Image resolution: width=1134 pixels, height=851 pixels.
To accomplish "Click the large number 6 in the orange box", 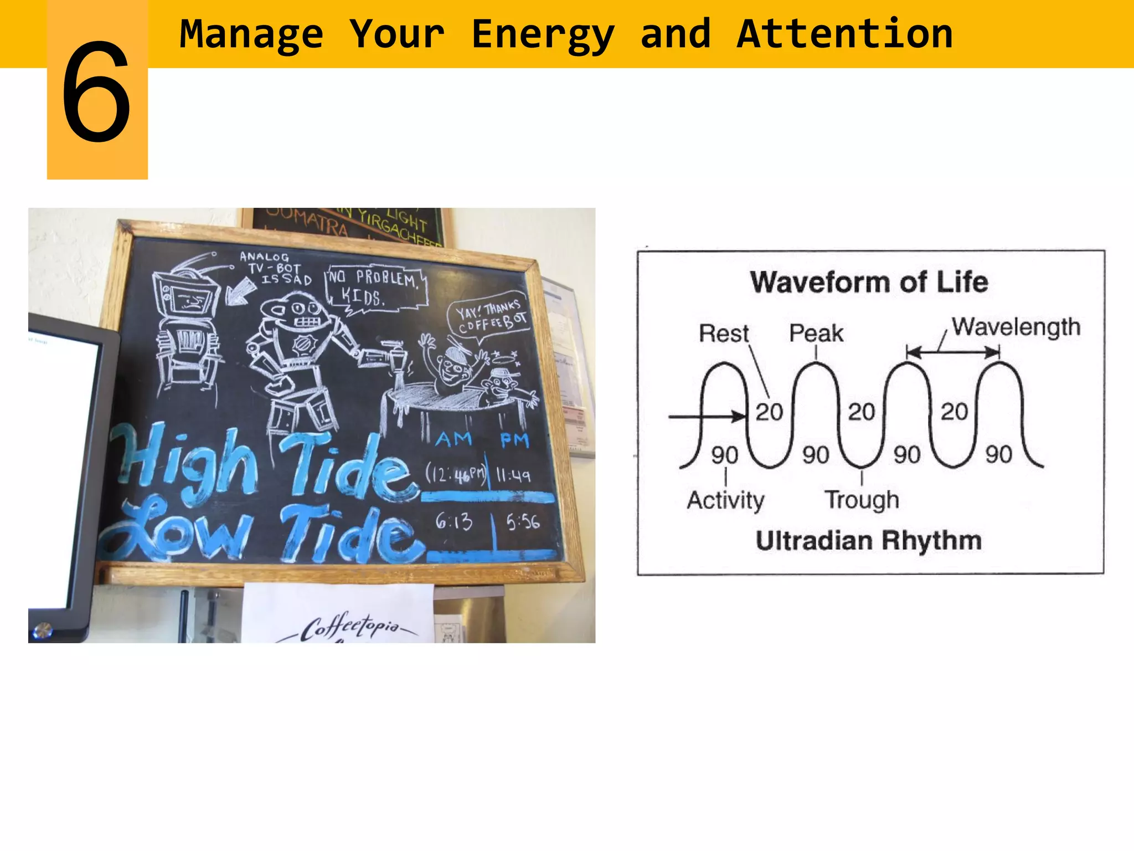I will [x=96, y=92].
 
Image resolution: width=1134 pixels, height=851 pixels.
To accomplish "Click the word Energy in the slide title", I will [x=543, y=34].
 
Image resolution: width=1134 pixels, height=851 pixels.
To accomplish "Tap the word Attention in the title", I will [x=844, y=34].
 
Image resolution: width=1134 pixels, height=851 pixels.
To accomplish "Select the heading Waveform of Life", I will [x=869, y=282].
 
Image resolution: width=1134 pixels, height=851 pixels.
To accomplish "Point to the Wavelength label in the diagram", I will [x=1016, y=327].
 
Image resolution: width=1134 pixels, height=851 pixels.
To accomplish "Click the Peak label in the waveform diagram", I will [x=816, y=334].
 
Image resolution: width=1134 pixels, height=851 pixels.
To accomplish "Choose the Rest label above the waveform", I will [x=724, y=334].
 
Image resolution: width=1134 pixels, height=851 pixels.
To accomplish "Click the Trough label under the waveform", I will [x=862, y=500].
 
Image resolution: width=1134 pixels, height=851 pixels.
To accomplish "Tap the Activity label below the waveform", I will [x=725, y=500].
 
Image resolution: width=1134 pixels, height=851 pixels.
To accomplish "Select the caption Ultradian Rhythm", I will [x=869, y=541].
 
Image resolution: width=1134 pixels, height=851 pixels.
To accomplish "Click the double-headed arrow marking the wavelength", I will [x=953, y=351].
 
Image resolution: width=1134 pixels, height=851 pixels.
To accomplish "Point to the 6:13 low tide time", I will [x=453, y=521].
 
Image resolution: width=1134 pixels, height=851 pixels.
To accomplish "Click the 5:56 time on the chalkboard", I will [x=522, y=521].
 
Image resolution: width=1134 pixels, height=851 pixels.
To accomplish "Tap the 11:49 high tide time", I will [x=513, y=475].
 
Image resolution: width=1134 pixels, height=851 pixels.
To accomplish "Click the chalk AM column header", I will [x=453, y=439].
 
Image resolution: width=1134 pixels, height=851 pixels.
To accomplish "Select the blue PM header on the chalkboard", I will [x=514, y=440].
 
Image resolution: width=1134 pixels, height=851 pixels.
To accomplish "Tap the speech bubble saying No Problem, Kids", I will [x=377, y=288].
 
